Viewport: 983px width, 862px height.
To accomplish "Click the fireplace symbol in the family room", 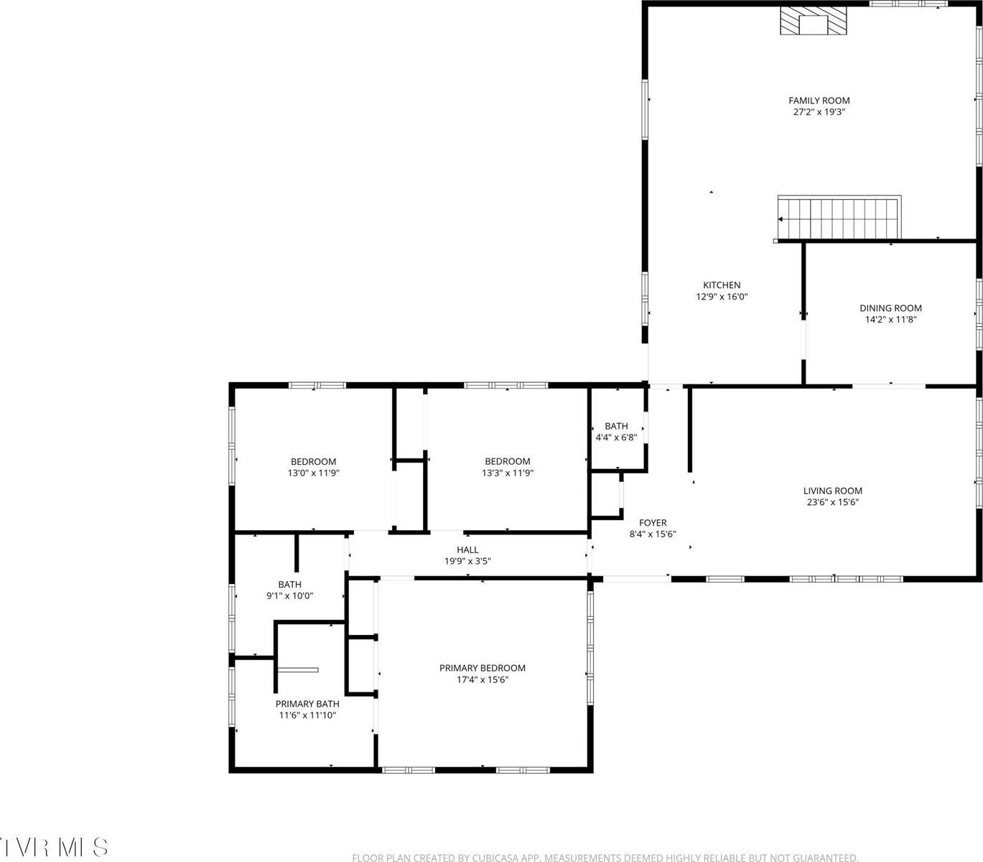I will click(x=814, y=22).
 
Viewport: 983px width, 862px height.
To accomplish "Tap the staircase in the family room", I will click(x=839, y=218).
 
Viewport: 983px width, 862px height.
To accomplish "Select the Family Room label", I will click(x=819, y=101).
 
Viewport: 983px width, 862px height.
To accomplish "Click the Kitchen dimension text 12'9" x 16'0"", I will click(x=722, y=297).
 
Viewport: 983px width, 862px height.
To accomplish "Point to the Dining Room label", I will click(x=890, y=308).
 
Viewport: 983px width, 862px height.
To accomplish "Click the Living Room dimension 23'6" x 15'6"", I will click(x=833, y=503).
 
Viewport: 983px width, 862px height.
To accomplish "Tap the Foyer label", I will click(x=653, y=523).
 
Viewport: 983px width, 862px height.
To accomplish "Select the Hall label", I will click(x=467, y=550).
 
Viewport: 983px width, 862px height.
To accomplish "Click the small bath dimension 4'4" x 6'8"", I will click(x=616, y=437).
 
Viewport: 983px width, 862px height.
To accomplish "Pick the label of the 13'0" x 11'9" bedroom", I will click(x=313, y=462).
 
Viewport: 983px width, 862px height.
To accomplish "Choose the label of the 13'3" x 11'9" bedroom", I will click(x=507, y=462).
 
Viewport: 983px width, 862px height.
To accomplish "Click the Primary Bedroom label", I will click(x=483, y=668).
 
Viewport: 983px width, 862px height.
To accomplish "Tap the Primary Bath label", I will click(x=307, y=704).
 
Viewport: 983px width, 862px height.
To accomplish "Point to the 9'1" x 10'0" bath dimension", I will click(x=290, y=596).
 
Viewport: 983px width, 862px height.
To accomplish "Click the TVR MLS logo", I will click(x=54, y=847).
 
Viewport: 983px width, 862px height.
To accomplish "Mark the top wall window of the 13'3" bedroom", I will click(x=506, y=386).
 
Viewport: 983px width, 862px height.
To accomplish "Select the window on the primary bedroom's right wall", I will click(x=590, y=646).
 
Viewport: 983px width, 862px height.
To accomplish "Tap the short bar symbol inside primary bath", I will click(x=297, y=670).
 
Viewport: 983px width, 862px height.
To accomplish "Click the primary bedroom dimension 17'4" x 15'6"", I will click(x=483, y=680).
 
